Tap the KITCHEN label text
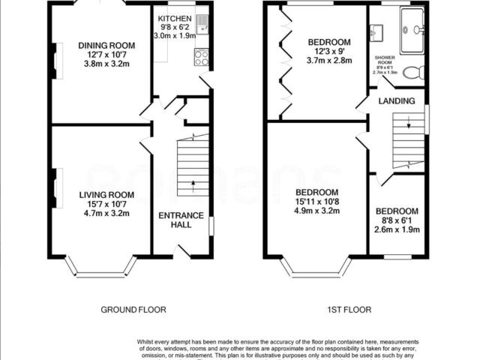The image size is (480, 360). pyautogui.click(x=173, y=17)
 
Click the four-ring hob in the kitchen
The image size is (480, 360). pyautogui.click(x=202, y=58)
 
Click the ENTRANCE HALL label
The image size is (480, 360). pyautogui.click(x=180, y=220)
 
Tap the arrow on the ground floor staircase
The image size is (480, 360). pyautogui.click(x=193, y=182)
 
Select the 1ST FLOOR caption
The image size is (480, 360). pyautogui.click(x=348, y=310)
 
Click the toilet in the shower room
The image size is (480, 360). pyautogui.click(x=413, y=73)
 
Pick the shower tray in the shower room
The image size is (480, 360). pyautogui.click(x=412, y=31)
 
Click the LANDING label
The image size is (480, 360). pyautogui.click(x=397, y=100)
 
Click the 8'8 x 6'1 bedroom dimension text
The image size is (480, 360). pyautogui.click(x=397, y=220)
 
